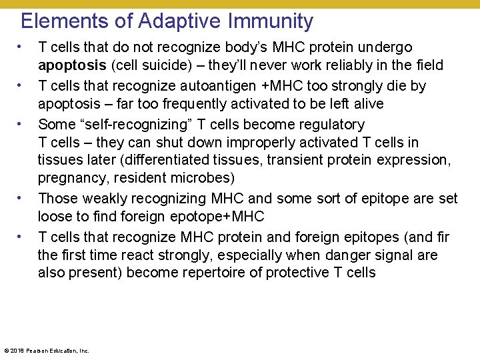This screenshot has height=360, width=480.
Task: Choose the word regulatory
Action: tap(329, 124)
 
